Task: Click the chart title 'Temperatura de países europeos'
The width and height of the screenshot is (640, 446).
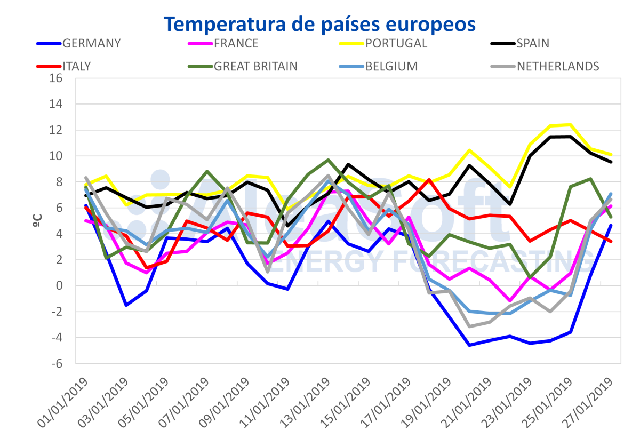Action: tap(319, 24)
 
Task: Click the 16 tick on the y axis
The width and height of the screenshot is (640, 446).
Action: tap(57, 78)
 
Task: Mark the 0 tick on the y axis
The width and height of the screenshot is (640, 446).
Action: tap(60, 286)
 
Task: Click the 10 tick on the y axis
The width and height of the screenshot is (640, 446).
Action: tap(57, 156)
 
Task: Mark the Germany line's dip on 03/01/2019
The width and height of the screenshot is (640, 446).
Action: tap(126, 305)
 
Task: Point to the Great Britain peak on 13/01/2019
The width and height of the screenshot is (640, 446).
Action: tap(329, 160)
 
